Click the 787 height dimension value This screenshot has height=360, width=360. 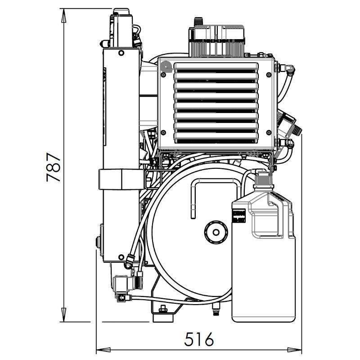(53, 167)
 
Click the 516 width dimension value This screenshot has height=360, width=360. (199, 339)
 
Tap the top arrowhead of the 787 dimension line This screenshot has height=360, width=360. (64, 16)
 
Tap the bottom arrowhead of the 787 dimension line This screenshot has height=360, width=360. (64, 315)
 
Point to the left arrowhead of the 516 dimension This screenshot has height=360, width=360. (103, 350)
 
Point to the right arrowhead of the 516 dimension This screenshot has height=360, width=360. (295, 350)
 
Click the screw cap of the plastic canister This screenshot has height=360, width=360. (263, 179)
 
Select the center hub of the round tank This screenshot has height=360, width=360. (216, 232)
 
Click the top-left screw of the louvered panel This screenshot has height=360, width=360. (163, 75)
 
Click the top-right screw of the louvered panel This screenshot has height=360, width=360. (269, 75)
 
